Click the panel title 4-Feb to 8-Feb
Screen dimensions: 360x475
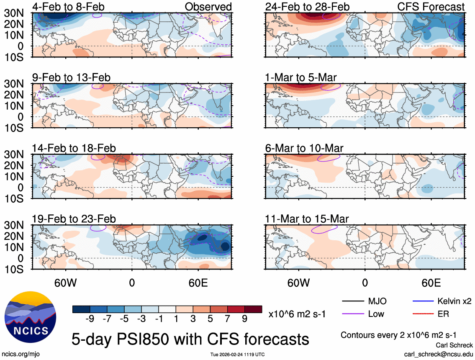68,7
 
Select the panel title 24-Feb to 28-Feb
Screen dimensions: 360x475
307,7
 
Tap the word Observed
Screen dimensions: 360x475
208,7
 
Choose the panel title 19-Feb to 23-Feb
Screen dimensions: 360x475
74,219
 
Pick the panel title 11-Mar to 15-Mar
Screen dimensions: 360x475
307,219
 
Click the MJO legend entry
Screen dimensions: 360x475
377,301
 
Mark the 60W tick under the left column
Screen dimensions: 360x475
66,283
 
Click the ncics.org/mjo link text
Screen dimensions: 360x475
20,354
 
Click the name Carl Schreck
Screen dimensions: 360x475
455,345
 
